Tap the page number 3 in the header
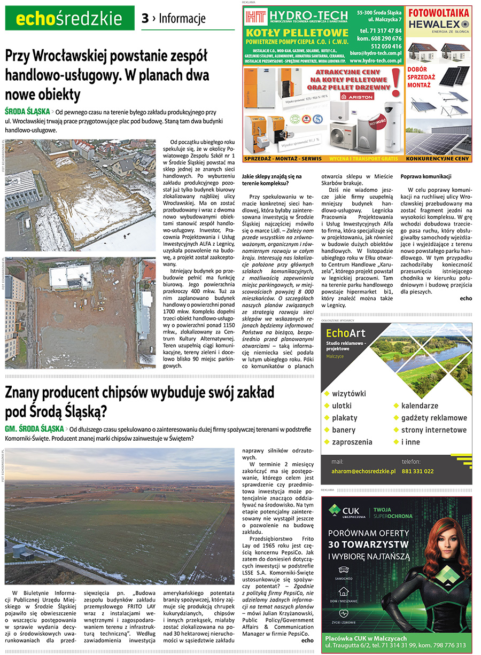(x=145, y=19)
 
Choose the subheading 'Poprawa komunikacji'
(x=426, y=176)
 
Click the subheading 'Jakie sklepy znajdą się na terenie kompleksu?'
(x=272, y=180)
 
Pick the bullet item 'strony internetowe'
(x=433, y=430)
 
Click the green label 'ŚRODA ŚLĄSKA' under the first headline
(x=27, y=112)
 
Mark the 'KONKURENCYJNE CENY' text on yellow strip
(x=438, y=159)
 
